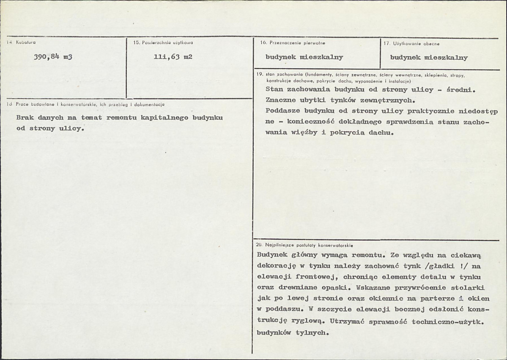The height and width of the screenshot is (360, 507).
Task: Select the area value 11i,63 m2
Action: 173,58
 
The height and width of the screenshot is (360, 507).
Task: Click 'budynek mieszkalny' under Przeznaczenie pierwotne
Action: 304,57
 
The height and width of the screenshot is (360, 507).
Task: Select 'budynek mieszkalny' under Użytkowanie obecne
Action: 429,58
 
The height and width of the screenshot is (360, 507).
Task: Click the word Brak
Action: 25,118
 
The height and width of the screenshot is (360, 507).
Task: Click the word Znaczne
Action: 281,101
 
